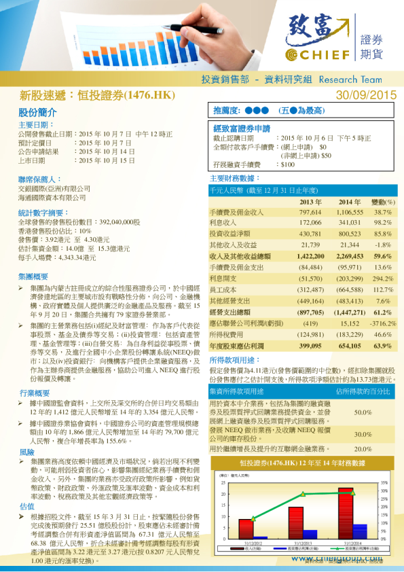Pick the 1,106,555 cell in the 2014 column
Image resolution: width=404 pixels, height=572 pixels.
[350, 213]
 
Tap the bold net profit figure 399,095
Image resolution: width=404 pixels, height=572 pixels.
[310, 345]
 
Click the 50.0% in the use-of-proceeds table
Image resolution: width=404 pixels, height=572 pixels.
[363, 412]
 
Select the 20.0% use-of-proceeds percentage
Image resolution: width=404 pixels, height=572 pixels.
[363, 449]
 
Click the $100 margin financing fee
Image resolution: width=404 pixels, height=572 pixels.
[287, 164]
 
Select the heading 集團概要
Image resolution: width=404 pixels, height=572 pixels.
[33, 276]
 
